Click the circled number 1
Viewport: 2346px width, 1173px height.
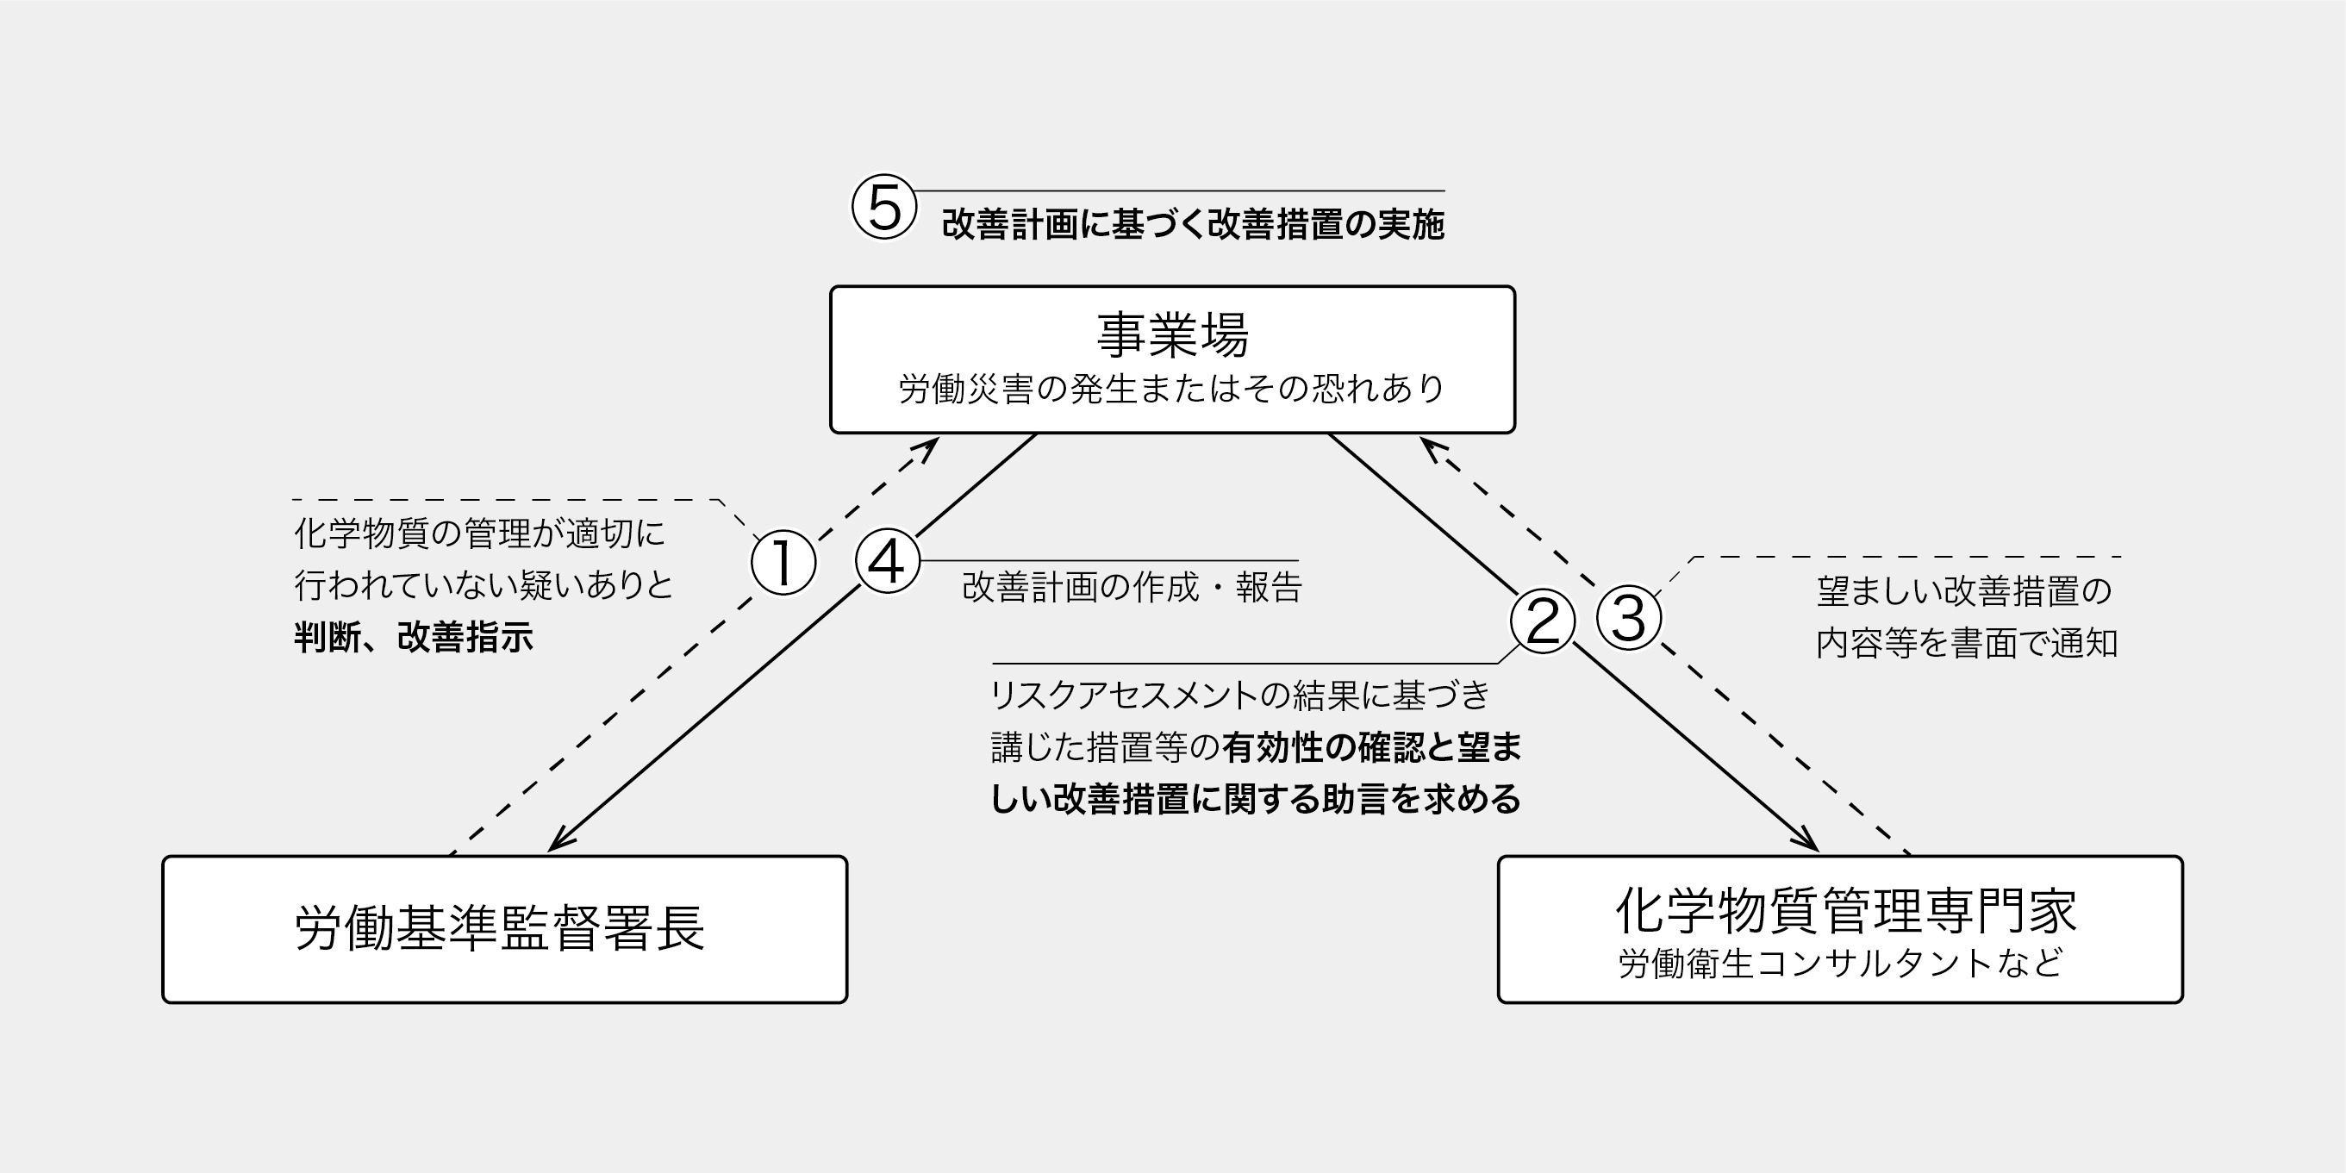click(x=783, y=562)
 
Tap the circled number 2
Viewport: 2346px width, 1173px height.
click(x=1542, y=621)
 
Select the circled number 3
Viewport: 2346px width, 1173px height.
click(x=1628, y=618)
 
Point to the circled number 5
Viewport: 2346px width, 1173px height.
click(x=883, y=207)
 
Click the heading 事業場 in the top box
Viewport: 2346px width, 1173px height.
click(x=1172, y=334)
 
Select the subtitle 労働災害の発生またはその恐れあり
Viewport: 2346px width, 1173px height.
click(x=1172, y=389)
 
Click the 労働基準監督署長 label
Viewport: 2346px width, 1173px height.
click(x=500, y=929)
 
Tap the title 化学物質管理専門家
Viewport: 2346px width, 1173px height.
click(x=1845, y=911)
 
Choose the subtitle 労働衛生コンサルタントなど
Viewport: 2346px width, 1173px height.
click(x=1839, y=964)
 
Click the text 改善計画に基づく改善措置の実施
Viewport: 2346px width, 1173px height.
click(x=1192, y=224)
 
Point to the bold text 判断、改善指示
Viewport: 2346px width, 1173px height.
click(x=414, y=637)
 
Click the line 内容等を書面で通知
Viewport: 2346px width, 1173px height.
click(x=1966, y=643)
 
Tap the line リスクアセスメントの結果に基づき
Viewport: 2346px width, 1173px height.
click(x=1239, y=695)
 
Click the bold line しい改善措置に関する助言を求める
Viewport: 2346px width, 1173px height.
click(x=1255, y=799)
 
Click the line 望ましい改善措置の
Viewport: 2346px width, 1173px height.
click(x=1963, y=591)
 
